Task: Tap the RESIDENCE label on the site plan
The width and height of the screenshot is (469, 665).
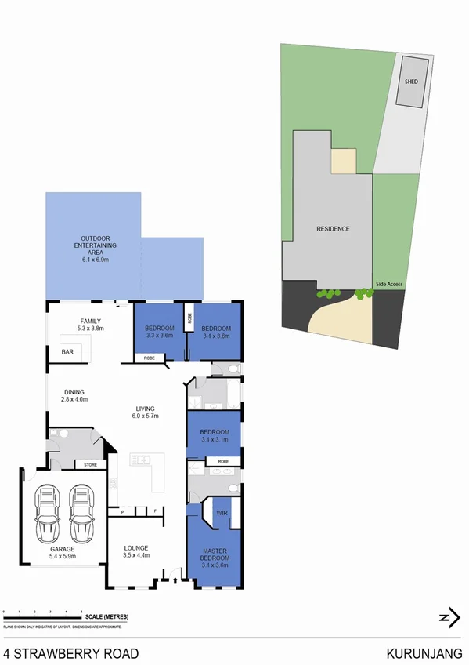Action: click(333, 229)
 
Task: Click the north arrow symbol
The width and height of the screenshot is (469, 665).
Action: click(448, 618)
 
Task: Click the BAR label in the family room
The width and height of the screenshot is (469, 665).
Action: click(69, 352)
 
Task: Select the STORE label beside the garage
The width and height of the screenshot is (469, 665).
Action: click(90, 465)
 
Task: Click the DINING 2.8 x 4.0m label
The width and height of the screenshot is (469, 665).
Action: click(75, 396)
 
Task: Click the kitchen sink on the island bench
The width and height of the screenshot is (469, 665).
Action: click(143, 460)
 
